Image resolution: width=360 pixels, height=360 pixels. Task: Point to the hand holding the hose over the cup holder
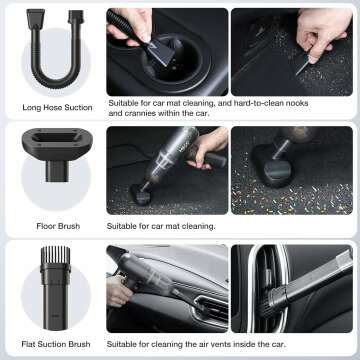pos(135,24)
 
